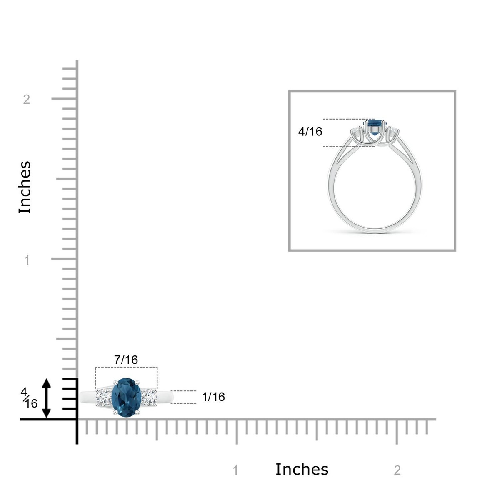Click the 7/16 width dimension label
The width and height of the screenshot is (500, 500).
(126, 360)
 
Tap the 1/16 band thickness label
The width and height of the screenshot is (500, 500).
(213, 397)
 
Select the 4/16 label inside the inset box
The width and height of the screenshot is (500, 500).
(310, 132)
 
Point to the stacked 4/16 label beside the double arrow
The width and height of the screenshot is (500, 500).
(29, 398)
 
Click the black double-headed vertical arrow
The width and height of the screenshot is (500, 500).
(46, 398)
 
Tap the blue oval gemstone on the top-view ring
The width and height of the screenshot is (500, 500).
(127, 397)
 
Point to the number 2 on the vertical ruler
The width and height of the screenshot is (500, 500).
(27, 100)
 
